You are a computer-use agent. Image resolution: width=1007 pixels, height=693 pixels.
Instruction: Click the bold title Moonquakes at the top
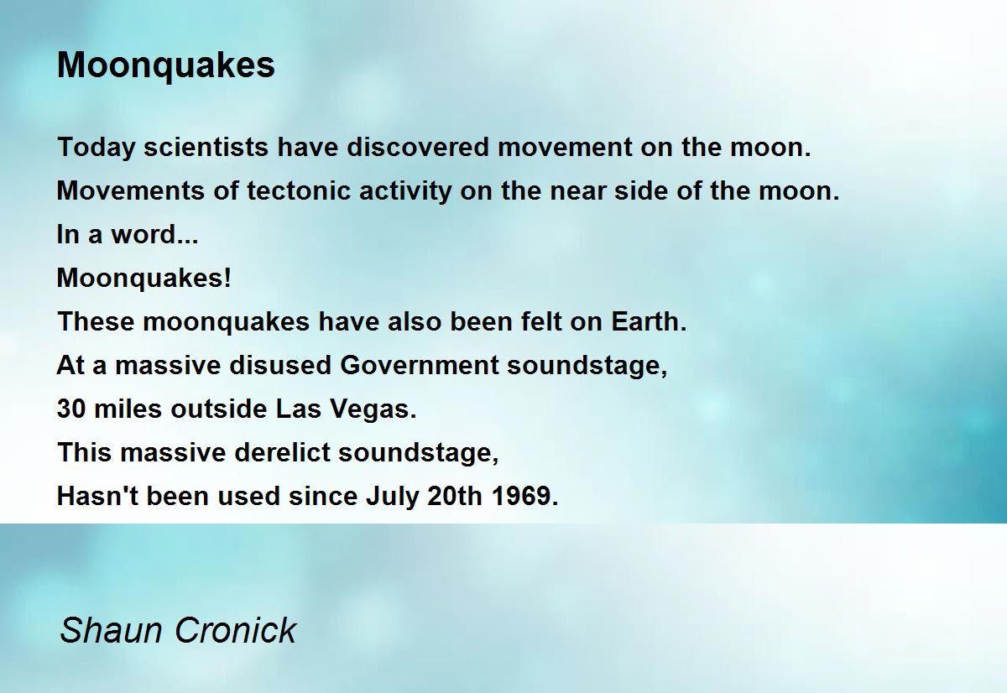[x=166, y=65]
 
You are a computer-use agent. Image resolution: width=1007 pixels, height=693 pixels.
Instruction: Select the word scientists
[x=206, y=147]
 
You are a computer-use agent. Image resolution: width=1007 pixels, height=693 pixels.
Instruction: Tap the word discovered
[x=418, y=147]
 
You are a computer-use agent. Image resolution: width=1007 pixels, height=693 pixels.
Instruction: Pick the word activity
[x=405, y=192]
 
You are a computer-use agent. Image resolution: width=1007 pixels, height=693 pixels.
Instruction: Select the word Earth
[x=649, y=321]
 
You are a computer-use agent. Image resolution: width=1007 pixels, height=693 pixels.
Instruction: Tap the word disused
[x=280, y=365]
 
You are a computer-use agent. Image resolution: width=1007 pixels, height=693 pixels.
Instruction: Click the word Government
[x=420, y=365]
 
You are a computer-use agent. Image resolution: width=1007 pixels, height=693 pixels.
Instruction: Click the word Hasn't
[x=97, y=496]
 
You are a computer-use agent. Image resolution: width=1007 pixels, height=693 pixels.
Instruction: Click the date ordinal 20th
[x=455, y=496]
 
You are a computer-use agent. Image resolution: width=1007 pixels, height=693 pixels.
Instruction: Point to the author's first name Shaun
[x=111, y=631]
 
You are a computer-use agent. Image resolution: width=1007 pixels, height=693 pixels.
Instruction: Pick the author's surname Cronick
[x=235, y=631]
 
